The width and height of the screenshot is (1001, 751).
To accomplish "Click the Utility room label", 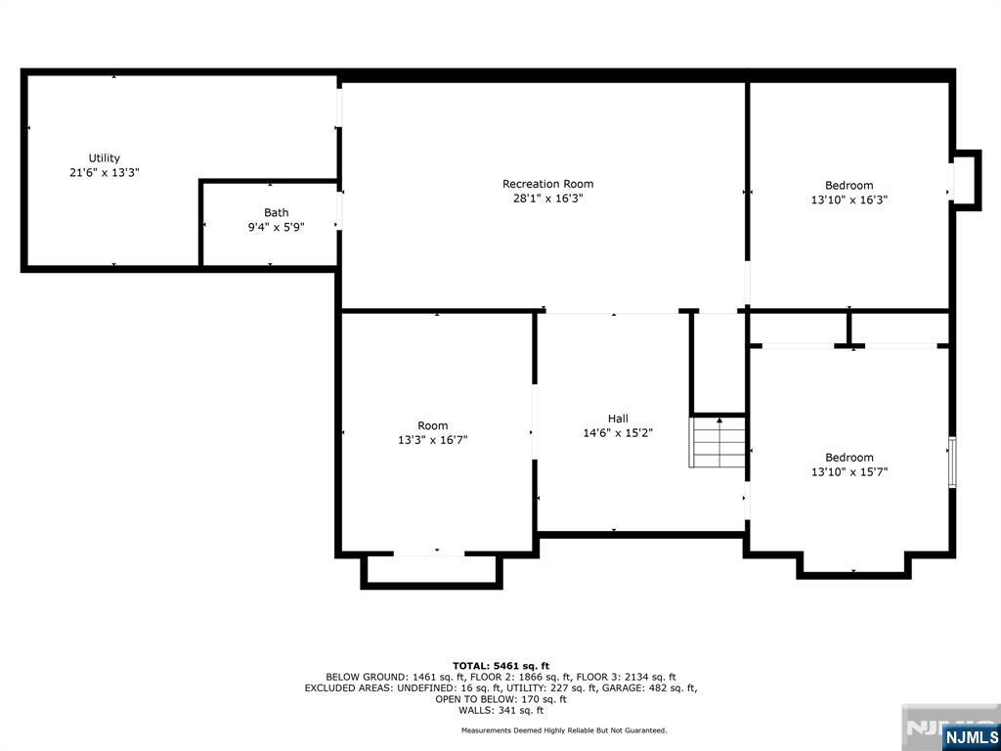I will click(105, 158).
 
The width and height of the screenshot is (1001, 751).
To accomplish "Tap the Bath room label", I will click(276, 213).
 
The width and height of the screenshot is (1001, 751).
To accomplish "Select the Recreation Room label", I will click(547, 184).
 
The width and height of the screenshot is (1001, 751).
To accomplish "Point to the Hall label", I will click(618, 419).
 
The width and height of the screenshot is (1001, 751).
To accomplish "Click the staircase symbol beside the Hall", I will click(719, 443).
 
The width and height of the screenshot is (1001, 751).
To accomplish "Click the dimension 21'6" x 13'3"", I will click(105, 172).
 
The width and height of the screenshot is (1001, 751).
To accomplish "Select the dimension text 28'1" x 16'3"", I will click(547, 199).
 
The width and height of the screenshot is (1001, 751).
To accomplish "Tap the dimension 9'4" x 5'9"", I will click(276, 227).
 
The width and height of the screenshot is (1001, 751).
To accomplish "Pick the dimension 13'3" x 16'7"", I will click(433, 440).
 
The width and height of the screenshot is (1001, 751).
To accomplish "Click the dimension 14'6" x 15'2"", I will click(618, 433).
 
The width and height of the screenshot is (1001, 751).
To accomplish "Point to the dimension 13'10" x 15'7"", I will click(849, 471).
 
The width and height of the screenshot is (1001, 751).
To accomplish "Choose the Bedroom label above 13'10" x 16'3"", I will click(849, 186).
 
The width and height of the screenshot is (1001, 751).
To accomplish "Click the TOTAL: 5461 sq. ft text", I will click(500, 665).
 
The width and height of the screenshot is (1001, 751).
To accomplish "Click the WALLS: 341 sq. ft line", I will click(500, 711).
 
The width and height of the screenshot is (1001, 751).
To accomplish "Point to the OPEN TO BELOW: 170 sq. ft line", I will click(500, 699).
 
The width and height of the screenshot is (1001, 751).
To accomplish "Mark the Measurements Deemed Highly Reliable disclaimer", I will click(564, 730).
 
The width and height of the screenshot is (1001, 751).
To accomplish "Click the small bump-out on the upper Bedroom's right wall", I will click(966, 180).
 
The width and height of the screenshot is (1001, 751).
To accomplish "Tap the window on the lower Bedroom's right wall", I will click(953, 463).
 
